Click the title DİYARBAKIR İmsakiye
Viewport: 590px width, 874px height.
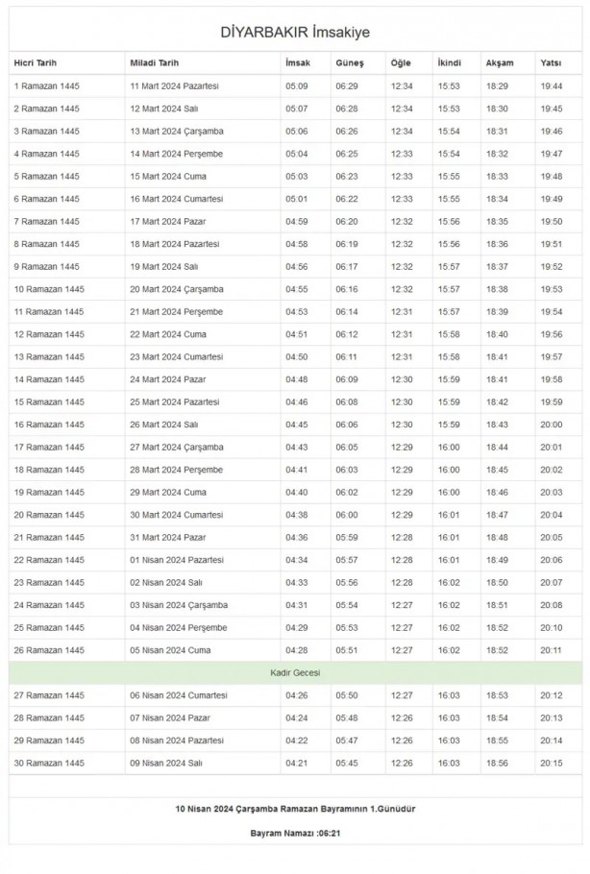point(295,33)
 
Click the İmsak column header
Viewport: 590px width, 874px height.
point(297,62)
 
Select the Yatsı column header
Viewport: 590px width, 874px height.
point(552,62)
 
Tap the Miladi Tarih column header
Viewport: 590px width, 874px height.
point(154,62)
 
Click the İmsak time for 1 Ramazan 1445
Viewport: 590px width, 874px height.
point(297,85)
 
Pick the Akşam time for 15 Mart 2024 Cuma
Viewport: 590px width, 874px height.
point(498,176)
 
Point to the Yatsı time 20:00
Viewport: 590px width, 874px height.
point(552,424)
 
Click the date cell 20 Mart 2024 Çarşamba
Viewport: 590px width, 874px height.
point(177,288)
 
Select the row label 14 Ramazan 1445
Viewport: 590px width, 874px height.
point(47,378)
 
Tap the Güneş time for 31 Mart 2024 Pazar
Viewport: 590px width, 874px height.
point(347,536)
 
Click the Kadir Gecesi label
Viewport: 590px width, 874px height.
point(295,672)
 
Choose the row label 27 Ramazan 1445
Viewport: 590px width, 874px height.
point(47,694)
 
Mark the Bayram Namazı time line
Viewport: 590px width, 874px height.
point(295,832)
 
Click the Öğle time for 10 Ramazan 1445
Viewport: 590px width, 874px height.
point(402,288)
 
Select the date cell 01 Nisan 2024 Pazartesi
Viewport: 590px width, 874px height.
point(177,559)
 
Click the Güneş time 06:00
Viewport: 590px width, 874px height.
point(347,514)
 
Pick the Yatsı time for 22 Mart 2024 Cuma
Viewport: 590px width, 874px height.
point(552,333)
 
